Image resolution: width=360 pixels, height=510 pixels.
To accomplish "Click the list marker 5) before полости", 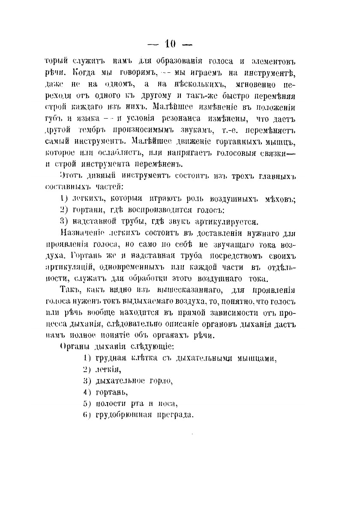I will click(87, 403).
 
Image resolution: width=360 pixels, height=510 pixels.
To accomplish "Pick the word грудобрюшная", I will click(125, 415).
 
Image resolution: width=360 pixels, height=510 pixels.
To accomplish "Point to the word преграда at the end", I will click(177, 415).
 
